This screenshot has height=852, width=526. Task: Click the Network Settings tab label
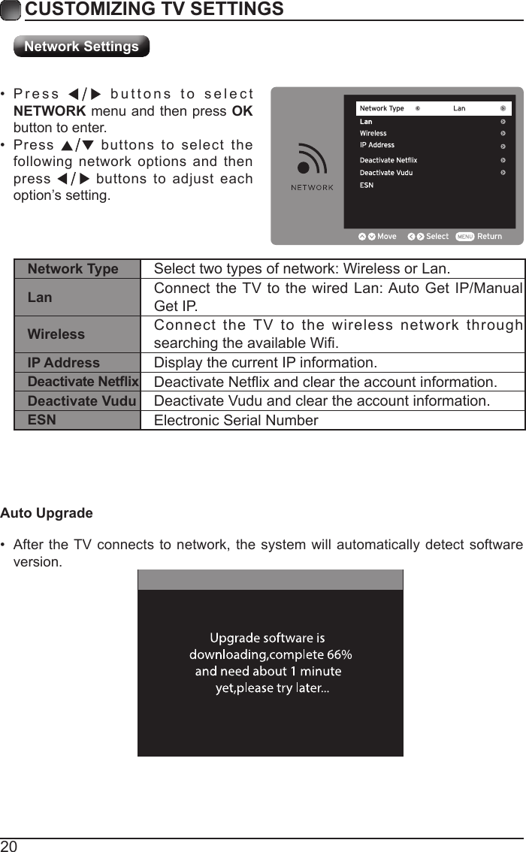tap(81, 47)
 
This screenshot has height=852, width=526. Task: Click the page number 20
tap(9, 846)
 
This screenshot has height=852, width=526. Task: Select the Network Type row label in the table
tap(73, 269)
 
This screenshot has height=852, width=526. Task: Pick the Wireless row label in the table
tap(56, 334)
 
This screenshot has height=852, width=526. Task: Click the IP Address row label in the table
tap(63, 363)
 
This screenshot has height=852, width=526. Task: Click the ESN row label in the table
tap(41, 419)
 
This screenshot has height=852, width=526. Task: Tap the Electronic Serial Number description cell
tap(236, 420)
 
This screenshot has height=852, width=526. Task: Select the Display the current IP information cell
tap(265, 363)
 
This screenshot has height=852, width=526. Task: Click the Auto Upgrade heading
tap(47, 513)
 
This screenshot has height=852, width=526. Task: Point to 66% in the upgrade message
tap(340, 654)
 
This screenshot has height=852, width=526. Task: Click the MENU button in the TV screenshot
tap(464, 237)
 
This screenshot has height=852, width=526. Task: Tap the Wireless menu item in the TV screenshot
tap(373, 133)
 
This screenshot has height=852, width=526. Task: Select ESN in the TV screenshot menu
tap(366, 185)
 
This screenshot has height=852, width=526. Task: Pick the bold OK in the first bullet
tap(242, 111)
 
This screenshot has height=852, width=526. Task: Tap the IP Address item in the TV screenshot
tap(376, 145)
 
